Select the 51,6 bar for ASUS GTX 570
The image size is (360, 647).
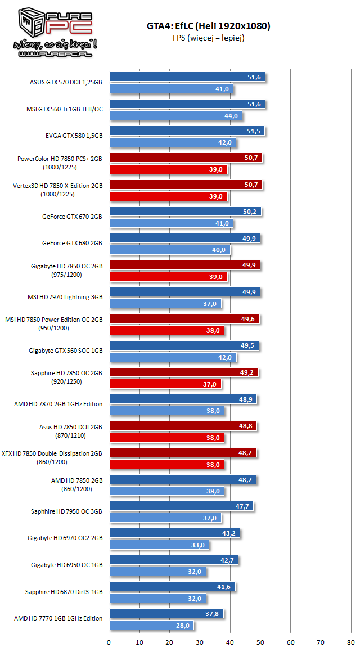click(x=187, y=77)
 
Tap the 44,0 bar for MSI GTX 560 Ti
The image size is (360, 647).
click(x=175, y=116)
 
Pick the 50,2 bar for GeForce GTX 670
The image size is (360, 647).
click(x=185, y=212)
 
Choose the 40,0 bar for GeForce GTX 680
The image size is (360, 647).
click(x=169, y=250)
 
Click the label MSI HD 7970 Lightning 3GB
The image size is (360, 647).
click(x=65, y=296)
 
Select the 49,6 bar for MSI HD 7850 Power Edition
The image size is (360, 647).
click(x=184, y=319)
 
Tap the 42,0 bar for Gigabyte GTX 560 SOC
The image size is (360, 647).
click(x=173, y=357)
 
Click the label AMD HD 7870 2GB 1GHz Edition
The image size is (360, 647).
click(x=58, y=403)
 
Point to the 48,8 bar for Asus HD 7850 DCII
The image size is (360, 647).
click(x=183, y=426)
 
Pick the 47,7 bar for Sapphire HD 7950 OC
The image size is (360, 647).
click(x=181, y=506)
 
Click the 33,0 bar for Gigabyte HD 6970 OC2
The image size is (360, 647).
click(x=159, y=545)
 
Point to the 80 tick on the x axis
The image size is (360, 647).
click(x=351, y=641)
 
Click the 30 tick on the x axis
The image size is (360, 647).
click(x=200, y=641)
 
